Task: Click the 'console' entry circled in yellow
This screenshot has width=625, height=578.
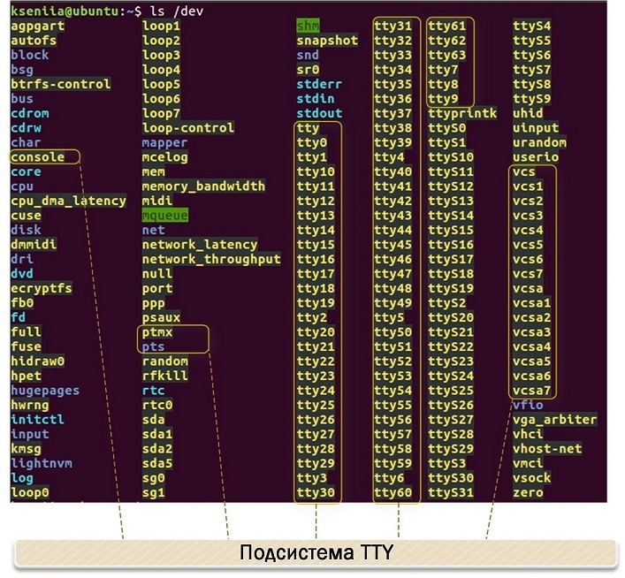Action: tap(38, 157)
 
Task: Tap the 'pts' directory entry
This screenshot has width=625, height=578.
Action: tap(154, 346)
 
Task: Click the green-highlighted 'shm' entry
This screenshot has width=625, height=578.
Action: tap(309, 26)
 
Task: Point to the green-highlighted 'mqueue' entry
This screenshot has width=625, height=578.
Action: tap(164, 216)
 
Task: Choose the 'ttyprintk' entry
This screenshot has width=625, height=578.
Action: tap(462, 113)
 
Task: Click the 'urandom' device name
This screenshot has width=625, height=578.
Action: tap(539, 142)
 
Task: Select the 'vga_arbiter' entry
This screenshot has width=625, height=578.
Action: tap(554, 420)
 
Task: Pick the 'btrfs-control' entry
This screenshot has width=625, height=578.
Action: tap(61, 84)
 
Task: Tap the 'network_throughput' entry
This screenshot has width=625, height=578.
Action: tap(211, 259)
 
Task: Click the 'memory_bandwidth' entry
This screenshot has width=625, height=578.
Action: tap(203, 186)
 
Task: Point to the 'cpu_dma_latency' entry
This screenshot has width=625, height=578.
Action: tap(68, 201)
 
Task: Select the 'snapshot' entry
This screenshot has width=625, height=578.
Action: tap(327, 41)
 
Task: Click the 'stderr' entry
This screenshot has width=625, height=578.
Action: tap(319, 84)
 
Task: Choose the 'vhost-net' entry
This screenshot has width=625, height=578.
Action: tap(547, 449)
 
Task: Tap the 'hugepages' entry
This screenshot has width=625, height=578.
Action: tap(45, 391)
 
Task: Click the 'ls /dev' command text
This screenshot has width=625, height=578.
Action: tap(153, 10)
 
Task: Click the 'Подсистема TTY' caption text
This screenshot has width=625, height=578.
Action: tap(316, 554)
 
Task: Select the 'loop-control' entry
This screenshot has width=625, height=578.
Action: tap(188, 128)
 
